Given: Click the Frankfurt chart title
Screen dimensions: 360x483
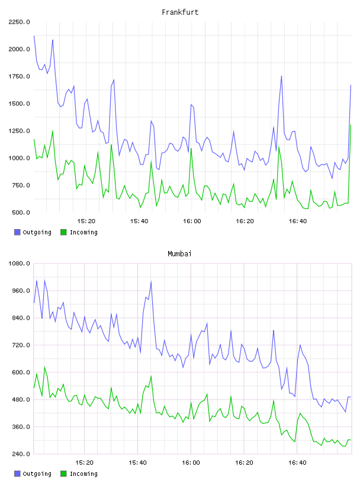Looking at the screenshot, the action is (x=180, y=12).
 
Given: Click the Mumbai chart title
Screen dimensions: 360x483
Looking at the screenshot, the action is (x=179, y=254).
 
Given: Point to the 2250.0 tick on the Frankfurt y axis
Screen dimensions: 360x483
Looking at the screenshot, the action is (x=19, y=22).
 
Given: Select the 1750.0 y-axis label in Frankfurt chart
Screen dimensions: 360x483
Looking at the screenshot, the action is (x=19, y=76).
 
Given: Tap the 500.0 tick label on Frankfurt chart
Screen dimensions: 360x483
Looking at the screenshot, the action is (x=21, y=212).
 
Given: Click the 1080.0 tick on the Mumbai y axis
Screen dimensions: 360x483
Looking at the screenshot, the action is (x=19, y=263).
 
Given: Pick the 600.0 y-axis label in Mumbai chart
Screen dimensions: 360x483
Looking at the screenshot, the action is (x=21, y=372).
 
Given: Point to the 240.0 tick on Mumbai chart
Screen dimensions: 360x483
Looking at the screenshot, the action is (x=21, y=454).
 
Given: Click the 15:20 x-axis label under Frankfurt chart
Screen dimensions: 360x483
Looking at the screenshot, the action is (x=86, y=221).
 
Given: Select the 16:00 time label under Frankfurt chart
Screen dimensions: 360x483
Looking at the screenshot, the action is (x=192, y=221).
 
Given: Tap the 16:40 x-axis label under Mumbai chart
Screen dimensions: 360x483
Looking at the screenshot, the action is (x=297, y=463).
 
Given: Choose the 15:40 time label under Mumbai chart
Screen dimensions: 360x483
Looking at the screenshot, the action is (x=137, y=463).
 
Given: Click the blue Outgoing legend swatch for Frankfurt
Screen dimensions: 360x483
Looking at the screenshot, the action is (x=17, y=232).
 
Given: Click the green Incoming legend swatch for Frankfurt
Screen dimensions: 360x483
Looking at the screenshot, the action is (x=63, y=232).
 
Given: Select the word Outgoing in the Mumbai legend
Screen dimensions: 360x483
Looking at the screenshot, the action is (x=37, y=474).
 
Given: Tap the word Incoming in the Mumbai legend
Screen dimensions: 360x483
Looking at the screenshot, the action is (x=83, y=474).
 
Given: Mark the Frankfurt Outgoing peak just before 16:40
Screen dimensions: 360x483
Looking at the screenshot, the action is (x=281, y=76).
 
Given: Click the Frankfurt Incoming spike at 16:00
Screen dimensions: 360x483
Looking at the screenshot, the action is (x=191, y=149).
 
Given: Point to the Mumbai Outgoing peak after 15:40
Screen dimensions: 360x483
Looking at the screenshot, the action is (x=151, y=281).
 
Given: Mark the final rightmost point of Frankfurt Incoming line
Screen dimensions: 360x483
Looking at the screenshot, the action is (x=351, y=125).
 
